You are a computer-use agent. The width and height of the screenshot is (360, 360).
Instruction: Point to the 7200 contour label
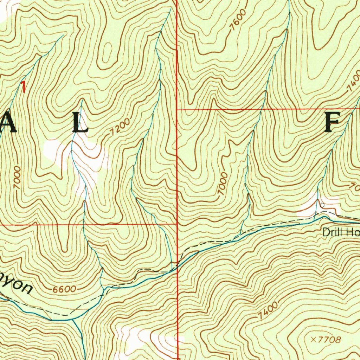(x=120, y=127)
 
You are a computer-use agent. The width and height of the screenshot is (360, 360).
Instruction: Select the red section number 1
(x=24, y=87)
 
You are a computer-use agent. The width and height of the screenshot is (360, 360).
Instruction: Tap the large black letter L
(x=80, y=123)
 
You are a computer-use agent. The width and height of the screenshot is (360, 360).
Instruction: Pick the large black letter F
(x=331, y=123)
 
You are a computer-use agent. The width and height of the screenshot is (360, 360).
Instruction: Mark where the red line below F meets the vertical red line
(x=177, y=110)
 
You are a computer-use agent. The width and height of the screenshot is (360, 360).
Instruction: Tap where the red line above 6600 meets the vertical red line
(x=177, y=223)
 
